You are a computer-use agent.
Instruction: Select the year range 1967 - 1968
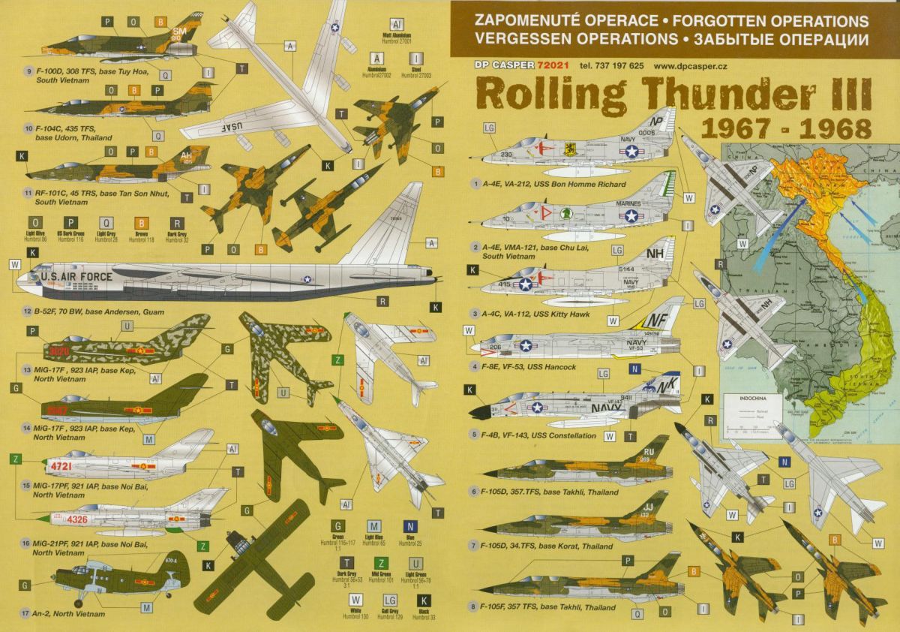click(785, 129)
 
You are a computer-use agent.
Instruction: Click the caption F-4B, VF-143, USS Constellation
click(543, 435)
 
